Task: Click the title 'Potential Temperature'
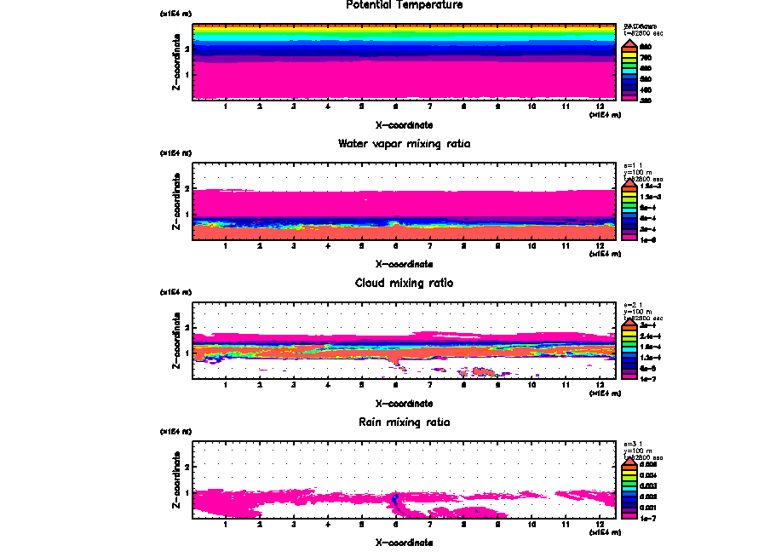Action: click(405, 5)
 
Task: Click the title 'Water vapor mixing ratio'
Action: click(405, 144)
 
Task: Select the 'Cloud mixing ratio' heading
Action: click(405, 283)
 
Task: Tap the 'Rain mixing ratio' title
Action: click(405, 422)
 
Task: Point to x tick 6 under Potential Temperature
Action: click(395, 107)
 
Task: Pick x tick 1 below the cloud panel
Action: click(225, 385)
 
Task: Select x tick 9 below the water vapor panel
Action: click(498, 246)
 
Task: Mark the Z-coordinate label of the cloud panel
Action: click(176, 340)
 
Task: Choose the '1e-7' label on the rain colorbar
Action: click(646, 517)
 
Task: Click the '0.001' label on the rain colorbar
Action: click(646, 507)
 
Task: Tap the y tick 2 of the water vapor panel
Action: click(187, 188)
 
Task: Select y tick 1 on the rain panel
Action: click(187, 492)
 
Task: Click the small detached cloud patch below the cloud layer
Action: click(483, 371)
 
